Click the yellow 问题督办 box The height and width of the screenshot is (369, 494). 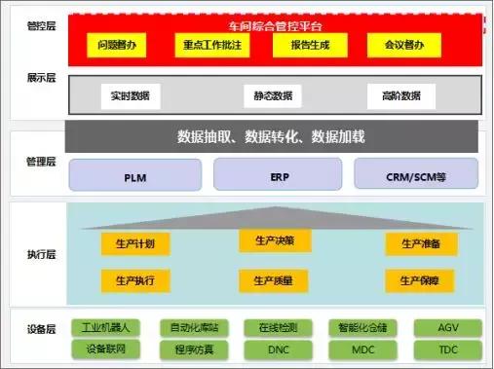point(121,45)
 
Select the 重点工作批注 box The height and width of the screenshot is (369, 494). point(212,45)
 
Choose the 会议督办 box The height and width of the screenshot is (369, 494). point(399,45)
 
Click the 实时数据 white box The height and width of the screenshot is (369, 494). point(130,95)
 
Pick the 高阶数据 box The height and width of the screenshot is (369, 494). point(401,95)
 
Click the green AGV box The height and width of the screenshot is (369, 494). point(447,328)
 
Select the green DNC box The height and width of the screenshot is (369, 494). point(278,348)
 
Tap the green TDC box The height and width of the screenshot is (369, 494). point(447,348)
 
